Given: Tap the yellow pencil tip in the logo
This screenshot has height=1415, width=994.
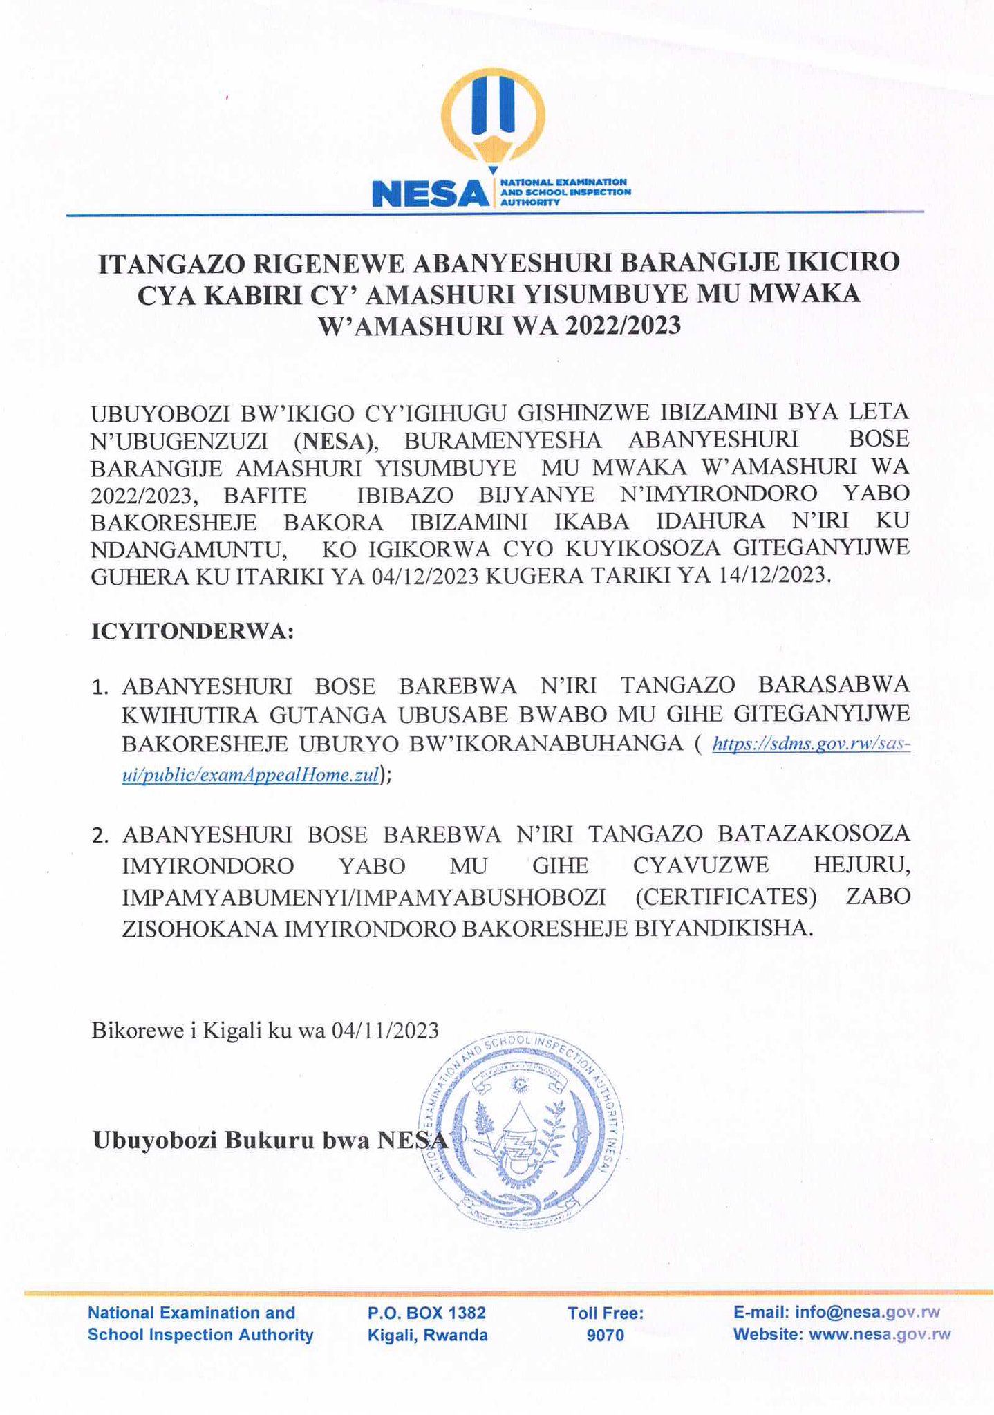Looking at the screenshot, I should click(493, 168).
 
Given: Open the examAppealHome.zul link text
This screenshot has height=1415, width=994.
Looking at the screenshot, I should click(251, 775).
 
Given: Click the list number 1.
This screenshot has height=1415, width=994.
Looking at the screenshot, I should click(100, 687).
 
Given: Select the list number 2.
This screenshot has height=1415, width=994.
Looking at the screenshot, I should click(100, 836).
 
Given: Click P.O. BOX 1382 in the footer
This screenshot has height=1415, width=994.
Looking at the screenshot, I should click(427, 1312).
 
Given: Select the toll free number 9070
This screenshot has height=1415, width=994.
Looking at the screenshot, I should click(605, 1335).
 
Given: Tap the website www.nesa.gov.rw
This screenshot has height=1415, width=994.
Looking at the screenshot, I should click(879, 1334).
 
